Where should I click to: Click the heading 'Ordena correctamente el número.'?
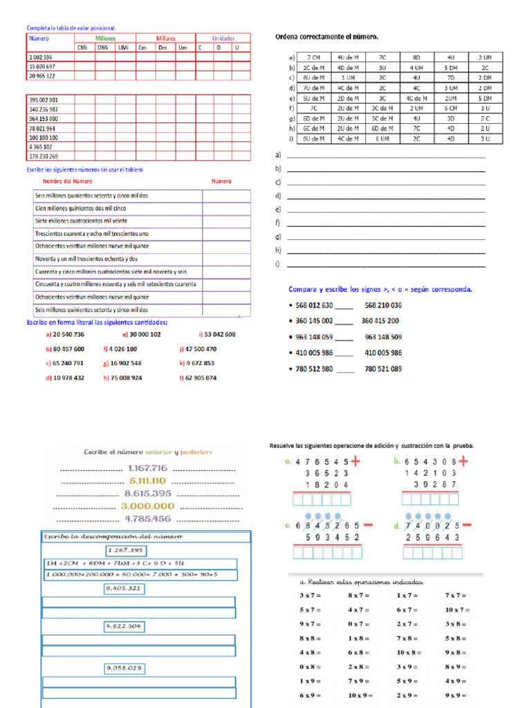(x=326, y=36)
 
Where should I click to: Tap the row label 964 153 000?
(x=44, y=119)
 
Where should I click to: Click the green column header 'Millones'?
(x=105, y=39)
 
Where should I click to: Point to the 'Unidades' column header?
(x=223, y=39)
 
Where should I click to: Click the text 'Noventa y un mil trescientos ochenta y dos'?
(x=86, y=259)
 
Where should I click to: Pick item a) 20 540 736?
(x=65, y=334)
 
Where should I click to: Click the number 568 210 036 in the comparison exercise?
(x=382, y=305)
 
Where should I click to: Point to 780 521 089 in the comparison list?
(x=382, y=369)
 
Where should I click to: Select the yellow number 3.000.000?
(x=148, y=505)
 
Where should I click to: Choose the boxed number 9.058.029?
(x=124, y=668)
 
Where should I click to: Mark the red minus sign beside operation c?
(x=368, y=525)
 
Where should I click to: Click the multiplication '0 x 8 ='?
(x=310, y=667)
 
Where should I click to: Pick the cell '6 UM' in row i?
(x=382, y=139)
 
